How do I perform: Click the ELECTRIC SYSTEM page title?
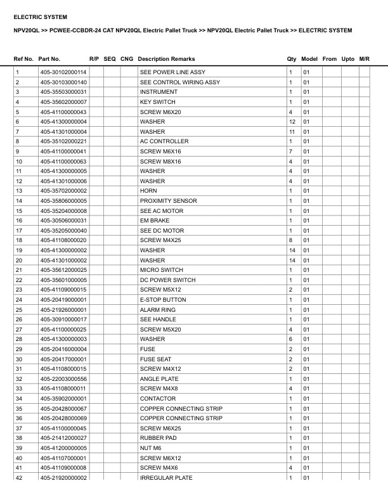click(x=40, y=17)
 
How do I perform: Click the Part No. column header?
click(x=49, y=59)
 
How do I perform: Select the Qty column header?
click(x=292, y=59)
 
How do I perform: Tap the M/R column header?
click(x=364, y=59)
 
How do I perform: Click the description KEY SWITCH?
click(x=157, y=102)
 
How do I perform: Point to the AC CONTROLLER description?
click(x=164, y=141)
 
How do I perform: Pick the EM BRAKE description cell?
click(x=155, y=221)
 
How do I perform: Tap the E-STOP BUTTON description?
click(x=163, y=300)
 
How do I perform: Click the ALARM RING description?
click(x=158, y=310)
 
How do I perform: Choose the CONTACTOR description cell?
click(x=158, y=399)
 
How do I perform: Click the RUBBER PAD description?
click(x=159, y=438)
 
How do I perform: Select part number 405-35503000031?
click(x=63, y=92)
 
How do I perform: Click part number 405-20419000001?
click(x=63, y=300)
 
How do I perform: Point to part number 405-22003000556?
click(x=63, y=379)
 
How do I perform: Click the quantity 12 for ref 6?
click(x=292, y=122)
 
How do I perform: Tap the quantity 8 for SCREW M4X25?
click(x=290, y=240)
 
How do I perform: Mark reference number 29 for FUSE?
click(x=19, y=349)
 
